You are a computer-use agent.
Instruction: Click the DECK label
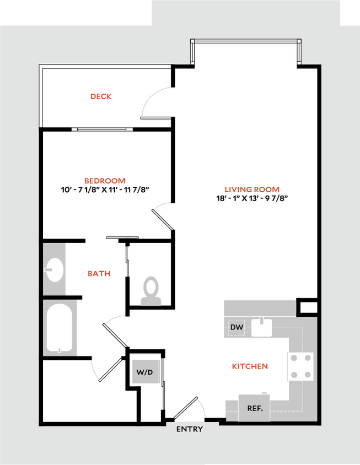tap(101, 96)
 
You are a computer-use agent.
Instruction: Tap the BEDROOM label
tap(105, 180)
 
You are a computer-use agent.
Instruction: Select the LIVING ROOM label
tap(252, 189)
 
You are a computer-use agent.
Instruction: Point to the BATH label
tap(99, 273)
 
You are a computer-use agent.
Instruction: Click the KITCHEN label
tap(250, 366)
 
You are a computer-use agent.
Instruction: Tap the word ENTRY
tap(190, 429)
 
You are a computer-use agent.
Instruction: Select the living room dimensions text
tap(252, 198)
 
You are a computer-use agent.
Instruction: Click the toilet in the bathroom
tap(150, 291)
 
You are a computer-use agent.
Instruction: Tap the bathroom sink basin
tap(53, 270)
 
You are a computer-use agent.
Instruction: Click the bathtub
tap(60, 329)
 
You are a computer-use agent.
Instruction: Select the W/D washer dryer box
tap(144, 372)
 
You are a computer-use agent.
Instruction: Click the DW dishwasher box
tap(237, 328)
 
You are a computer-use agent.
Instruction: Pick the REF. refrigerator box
tap(254, 409)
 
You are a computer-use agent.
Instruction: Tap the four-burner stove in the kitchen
tap(300, 366)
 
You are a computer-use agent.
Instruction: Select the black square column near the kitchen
tap(308, 306)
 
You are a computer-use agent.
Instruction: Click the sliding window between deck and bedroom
tap(105, 129)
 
